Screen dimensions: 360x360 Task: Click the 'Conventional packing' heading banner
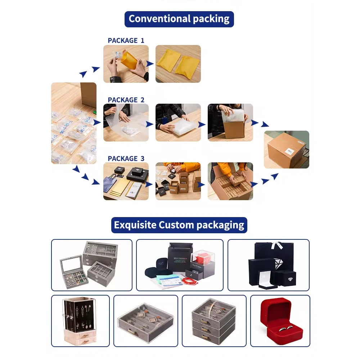179,19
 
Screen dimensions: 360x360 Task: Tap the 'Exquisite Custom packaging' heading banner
179,225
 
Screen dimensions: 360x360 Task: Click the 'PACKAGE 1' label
126,40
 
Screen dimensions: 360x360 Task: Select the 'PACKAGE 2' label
126,100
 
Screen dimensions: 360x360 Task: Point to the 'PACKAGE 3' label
126,158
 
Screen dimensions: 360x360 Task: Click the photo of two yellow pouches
178,64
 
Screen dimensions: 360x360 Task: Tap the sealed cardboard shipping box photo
286,149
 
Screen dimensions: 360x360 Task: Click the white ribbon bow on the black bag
275,245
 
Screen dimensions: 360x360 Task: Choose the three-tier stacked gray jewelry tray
213,321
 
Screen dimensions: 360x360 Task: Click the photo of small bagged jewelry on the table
73,123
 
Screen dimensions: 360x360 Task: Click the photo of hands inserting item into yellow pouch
126,64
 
